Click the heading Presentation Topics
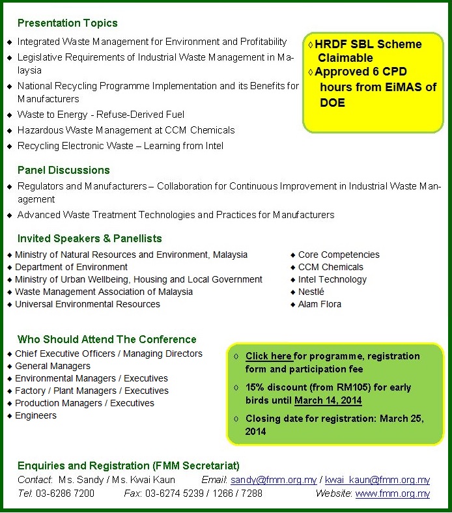[x=67, y=23]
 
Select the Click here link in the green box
[x=268, y=357]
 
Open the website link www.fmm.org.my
[x=392, y=493]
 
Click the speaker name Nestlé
[x=311, y=292]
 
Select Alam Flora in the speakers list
[x=319, y=304]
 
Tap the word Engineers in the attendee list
[x=36, y=415]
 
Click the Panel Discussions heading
[x=63, y=171]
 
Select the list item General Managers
[x=53, y=366]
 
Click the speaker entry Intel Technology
[x=332, y=279]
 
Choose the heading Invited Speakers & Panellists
[x=89, y=239]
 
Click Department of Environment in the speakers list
[x=71, y=267]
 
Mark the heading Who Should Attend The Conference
[x=107, y=339]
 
